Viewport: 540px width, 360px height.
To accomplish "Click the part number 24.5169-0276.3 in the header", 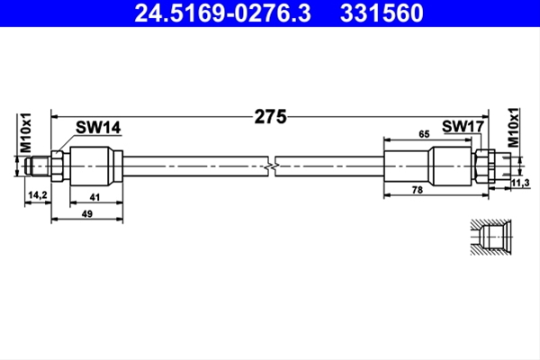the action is pyautogui.click(x=222, y=13).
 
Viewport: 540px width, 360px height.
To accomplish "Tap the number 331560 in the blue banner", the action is pyautogui.click(x=382, y=13).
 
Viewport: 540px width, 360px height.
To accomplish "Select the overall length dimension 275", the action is pyautogui.click(x=270, y=117).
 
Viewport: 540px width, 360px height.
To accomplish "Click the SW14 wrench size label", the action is pyautogui.click(x=98, y=128).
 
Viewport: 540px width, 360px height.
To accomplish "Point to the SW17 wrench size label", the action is pyautogui.click(x=463, y=126).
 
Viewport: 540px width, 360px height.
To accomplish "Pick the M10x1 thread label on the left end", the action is pyautogui.click(x=25, y=132).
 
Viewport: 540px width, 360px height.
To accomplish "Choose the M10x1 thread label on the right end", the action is pyautogui.click(x=514, y=128).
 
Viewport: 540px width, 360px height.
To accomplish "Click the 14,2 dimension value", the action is pyautogui.click(x=38, y=195).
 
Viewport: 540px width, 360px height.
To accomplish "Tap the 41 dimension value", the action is pyautogui.click(x=94, y=197).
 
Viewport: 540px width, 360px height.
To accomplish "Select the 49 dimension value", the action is pyautogui.click(x=87, y=214).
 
